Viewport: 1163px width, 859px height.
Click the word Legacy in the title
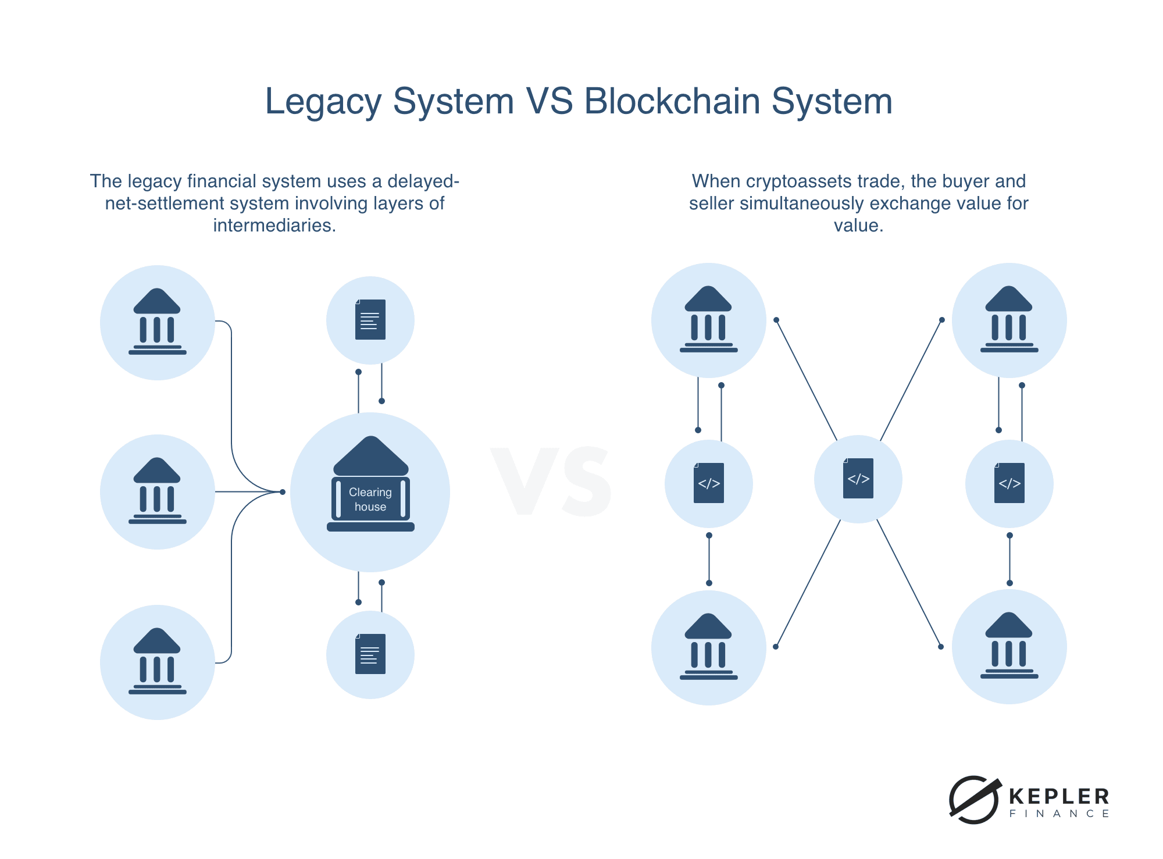(323, 102)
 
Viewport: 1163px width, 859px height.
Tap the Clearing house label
(370, 499)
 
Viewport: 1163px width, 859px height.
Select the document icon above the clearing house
(370, 320)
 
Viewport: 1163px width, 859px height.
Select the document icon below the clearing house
(370, 654)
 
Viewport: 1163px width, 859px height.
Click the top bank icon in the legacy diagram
(158, 322)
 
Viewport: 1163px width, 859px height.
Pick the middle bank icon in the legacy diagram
(158, 491)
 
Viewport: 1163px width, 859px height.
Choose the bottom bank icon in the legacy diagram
(158, 662)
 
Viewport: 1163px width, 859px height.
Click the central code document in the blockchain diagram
(858, 479)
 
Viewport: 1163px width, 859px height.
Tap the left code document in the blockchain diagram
(709, 483)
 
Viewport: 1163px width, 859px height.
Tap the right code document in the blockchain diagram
(1009, 483)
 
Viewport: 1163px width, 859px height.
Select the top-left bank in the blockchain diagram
(709, 320)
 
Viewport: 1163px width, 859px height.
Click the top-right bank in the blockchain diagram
(1009, 320)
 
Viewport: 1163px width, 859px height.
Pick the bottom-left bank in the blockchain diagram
(709, 647)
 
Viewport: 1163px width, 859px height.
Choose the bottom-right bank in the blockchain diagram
(1009, 646)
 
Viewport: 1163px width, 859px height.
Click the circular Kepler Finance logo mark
(974, 800)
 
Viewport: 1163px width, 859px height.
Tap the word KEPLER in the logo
(1059, 796)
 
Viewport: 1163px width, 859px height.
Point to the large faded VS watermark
(551, 482)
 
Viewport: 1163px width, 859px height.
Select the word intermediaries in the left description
(274, 226)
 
